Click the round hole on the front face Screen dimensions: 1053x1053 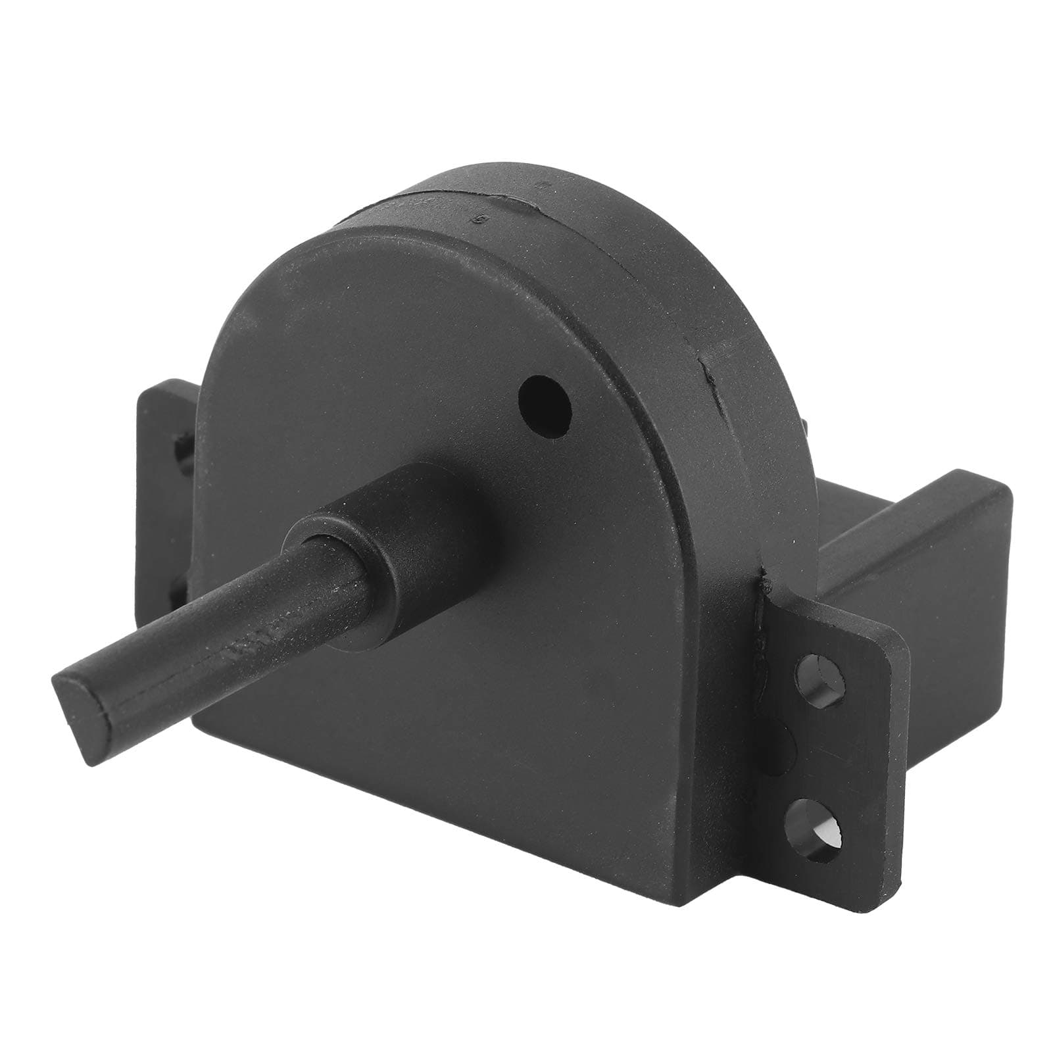pos(545,406)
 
